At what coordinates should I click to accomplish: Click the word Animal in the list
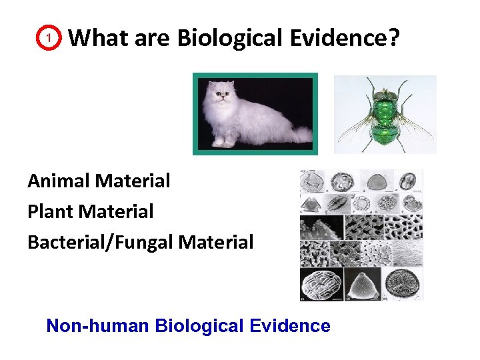59,181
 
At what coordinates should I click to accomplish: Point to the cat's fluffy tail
297,134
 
